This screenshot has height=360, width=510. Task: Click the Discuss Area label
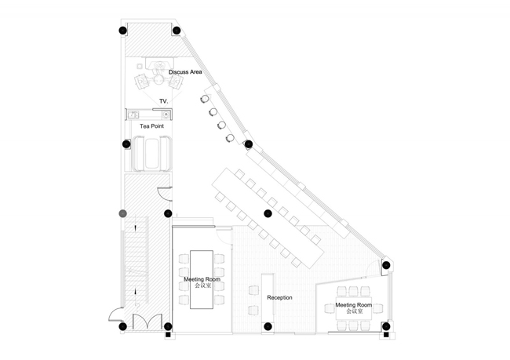185,72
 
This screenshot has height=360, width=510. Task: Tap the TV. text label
164,102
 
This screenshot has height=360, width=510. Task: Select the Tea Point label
151,125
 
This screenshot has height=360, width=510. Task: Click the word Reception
279,298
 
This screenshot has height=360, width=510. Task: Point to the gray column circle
122,213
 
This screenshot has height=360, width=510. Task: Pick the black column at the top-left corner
122,31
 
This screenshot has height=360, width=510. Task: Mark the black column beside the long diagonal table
268,213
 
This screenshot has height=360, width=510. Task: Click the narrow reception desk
267,295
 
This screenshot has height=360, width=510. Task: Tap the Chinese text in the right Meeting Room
353,312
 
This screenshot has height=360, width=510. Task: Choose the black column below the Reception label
268,326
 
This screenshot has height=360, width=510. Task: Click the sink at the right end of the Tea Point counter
166,114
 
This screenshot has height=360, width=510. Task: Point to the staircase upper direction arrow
137,227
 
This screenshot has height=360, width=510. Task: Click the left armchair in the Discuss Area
143,79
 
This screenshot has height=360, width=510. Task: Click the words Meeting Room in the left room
202,279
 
